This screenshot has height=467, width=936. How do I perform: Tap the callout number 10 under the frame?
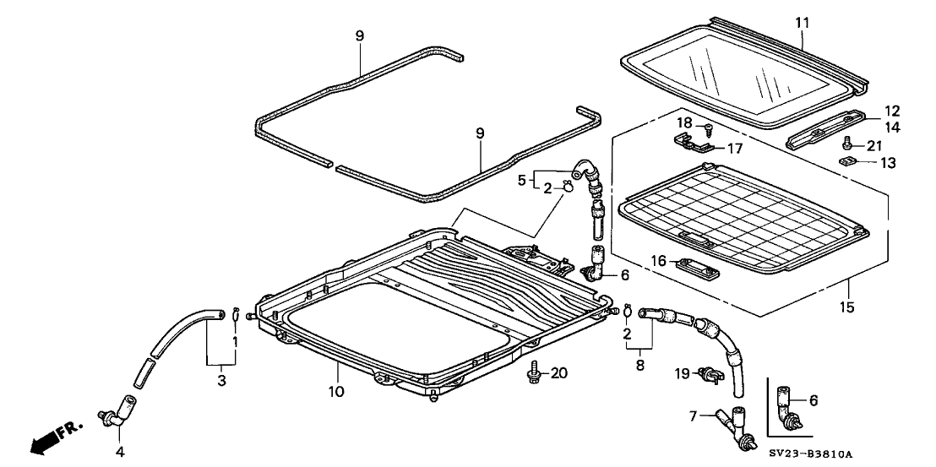[336, 392]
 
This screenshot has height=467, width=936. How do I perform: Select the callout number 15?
[847, 305]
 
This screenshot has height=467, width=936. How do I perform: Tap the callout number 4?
[120, 452]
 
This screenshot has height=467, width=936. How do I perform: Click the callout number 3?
[222, 383]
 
